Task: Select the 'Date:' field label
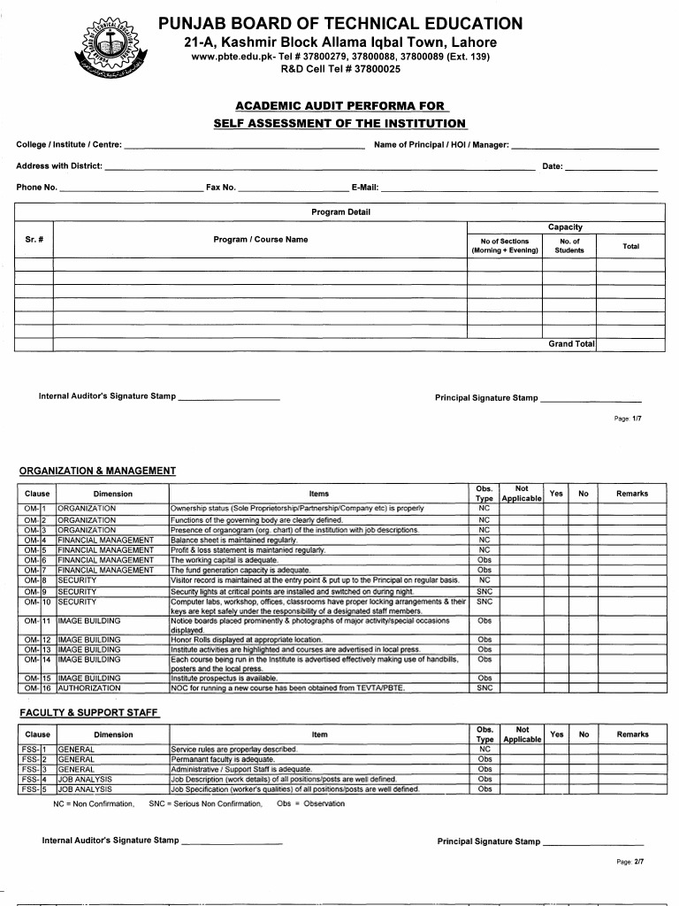tap(553, 166)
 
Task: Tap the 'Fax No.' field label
tap(221, 188)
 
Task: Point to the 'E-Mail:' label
tap(365, 188)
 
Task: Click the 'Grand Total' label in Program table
tap(571, 343)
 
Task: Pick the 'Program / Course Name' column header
tap(261, 240)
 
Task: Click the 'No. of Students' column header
tap(569, 245)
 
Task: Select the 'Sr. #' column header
tap(34, 240)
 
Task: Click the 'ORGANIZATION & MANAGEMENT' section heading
tap(97, 471)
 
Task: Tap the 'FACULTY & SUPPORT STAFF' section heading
tap(89, 712)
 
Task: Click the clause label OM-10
tap(38, 602)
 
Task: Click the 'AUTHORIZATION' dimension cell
tap(89, 687)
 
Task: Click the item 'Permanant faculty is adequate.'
tap(222, 759)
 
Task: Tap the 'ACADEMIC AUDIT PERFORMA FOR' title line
tap(339, 106)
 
